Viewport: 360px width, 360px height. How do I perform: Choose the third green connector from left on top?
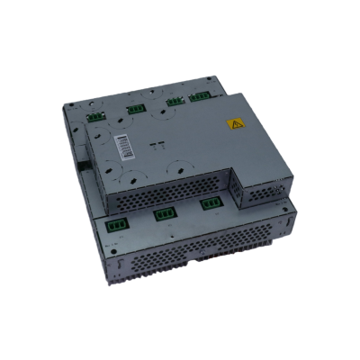coord(175,103)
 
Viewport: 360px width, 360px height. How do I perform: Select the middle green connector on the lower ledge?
coord(166,215)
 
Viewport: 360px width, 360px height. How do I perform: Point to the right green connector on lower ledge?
coord(210,204)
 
